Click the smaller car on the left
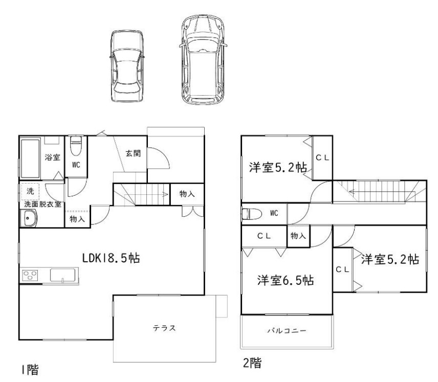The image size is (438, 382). click(x=127, y=66)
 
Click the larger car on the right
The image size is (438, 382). click(x=203, y=59)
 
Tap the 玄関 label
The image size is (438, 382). click(x=133, y=153)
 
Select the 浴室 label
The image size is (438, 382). click(x=52, y=157)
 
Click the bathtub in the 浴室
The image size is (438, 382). click(x=30, y=159)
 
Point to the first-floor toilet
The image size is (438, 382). click(x=76, y=145)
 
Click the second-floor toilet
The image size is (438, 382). click(x=252, y=214)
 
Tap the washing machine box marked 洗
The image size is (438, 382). click(x=30, y=191)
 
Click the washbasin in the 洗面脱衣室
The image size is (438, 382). click(x=29, y=218)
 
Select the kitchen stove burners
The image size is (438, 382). click(x=30, y=275)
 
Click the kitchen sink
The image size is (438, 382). click(x=63, y=275)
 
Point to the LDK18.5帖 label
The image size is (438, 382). click(x=111, y=258)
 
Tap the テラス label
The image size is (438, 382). click(x=164, y=328)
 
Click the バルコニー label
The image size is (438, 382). click(x=287, y=331)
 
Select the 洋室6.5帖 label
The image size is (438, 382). click(x=286, y=280)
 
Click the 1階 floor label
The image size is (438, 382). click(x=30, y=370)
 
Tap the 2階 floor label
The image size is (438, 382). click(x=252, y=363)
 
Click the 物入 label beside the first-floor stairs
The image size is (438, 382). click(x=187, y=193)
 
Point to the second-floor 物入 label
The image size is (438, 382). click(x=298, y=236)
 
